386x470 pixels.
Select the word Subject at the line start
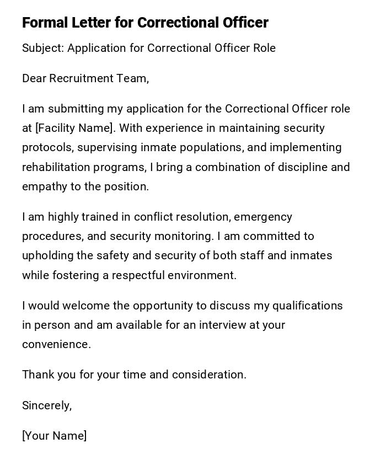(x=42, y=48)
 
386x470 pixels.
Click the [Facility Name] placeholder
(x=76, y=128)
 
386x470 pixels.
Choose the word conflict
(x=152, y=217)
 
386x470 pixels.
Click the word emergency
(x=263, y=217)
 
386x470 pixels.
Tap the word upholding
(x=46, y=255)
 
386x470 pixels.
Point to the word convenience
(x=56, y=344)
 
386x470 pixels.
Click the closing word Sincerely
(x=47, y=405)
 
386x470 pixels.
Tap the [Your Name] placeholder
(x=55, y=436)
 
